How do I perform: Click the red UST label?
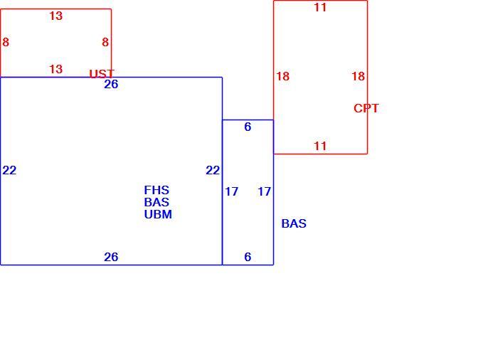(102, 74)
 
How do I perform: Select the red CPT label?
(366, 108)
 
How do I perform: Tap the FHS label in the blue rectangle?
(157, 190)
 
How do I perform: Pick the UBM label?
(158, 214)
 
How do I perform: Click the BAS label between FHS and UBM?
(157, 202)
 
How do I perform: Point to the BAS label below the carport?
(294, 223)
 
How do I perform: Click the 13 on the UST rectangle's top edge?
(56, 16)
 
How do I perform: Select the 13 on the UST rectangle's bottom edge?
(56, 69)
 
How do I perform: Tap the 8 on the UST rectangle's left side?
(6, 42)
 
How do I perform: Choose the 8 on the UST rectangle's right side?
(105, 42)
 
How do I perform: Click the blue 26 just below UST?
(111, 85)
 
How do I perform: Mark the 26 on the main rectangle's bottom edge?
(111, 257)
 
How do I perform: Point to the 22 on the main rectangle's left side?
(9, 170)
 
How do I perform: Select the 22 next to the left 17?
(213, 170)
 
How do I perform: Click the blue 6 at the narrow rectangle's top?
(248, 127)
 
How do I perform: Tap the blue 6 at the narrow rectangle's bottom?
(248, 257)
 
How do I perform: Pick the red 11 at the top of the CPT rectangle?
(320, 7)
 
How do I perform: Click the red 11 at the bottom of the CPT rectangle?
(320, 146)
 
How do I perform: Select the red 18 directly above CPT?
(359, 76)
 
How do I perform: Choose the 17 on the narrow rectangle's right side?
(264, 191)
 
